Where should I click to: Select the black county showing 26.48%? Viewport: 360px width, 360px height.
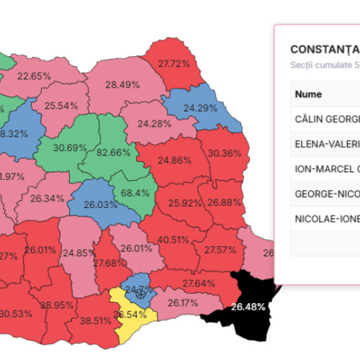(248, 307)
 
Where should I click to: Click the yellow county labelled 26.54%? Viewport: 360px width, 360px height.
(129, 315)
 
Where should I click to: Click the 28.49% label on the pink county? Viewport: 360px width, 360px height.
(122, 85)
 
